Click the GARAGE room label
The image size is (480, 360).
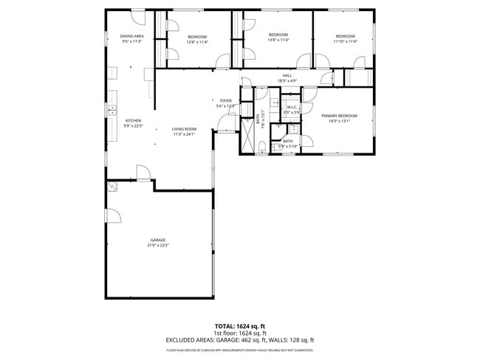[x=158, y=240]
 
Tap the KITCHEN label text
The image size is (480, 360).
[x=133, y=121]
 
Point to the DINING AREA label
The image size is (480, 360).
[x=131, y=36]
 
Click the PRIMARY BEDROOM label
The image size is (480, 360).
[x=340, y=116]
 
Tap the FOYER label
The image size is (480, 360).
[x=226, y=100]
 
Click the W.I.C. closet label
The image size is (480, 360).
[x=292, y=107]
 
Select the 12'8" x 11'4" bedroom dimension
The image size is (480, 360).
[x=197, y=42]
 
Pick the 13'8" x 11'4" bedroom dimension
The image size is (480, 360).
[x=278, y=41]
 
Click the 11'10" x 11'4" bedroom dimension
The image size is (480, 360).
[x=345, y=42]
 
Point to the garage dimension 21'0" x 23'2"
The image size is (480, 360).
[x=158, y=245]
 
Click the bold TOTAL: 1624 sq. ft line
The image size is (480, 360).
[x=240, y=325]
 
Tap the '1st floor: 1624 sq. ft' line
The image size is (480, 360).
[x=240, y=333]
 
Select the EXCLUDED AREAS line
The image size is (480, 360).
[x=240, y=340]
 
